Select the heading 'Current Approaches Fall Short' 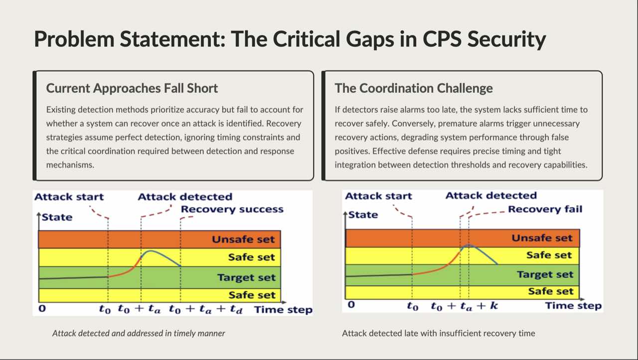point(132,88)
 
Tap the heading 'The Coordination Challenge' point(414,88)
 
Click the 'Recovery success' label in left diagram point(232,209)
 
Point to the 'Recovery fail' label point(545,209)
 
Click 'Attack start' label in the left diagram point(69,196)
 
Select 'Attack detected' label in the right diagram point(491,195)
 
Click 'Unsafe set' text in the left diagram point(243,239)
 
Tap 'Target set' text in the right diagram point(545,274)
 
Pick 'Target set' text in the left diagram point(246,277)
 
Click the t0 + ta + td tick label point(205,310)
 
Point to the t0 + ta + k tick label point(464,306)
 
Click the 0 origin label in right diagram point(351,305)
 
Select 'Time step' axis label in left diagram point(283,310)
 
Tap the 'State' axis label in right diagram point(363,215)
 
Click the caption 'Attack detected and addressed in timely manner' point(139,333)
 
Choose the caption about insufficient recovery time point(438,333)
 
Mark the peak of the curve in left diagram point(150,251)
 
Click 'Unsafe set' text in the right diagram point(542,238)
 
